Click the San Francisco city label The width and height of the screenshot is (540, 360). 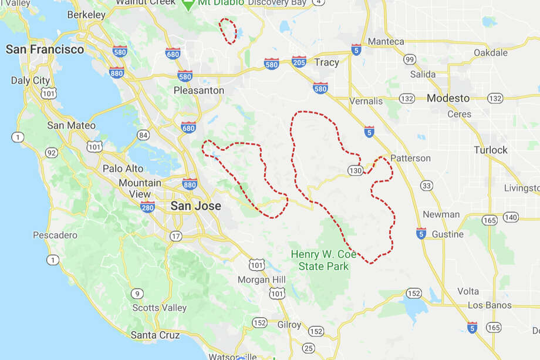tap(45, 49)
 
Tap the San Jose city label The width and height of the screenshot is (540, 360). tap(195, 206)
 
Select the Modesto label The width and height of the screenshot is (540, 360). tap(448, 98)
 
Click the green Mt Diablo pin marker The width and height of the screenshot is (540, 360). tap(188, 4)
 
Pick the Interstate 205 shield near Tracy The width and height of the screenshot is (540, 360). tap(299, 62)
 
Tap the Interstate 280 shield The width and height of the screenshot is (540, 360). tap(147, 206)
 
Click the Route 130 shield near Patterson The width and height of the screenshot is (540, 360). tap(354, 170)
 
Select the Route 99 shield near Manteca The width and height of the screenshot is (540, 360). tap(410, 59)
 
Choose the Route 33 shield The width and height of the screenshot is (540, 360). tap(427, 186)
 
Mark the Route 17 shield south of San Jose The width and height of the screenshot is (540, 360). tap(176, 236)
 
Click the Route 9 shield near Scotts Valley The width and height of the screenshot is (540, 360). tap(137, 294)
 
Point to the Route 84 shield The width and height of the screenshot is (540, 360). tap(143, 135)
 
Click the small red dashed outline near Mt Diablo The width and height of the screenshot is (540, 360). tap(228, 31)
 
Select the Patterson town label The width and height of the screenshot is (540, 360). tap(410, 159)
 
